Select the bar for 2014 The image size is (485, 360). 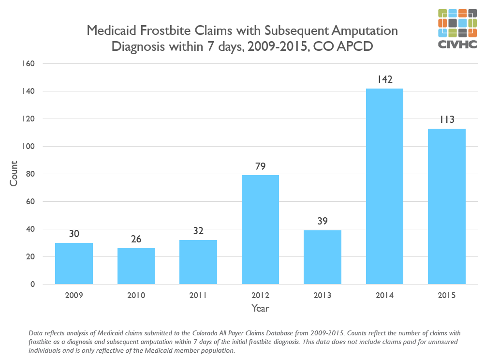click(384, 186)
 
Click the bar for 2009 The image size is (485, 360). click(74, 263)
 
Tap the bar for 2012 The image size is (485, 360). click(260, 229)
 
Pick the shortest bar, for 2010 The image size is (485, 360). click(136, 266)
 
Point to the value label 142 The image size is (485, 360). click(384, 79)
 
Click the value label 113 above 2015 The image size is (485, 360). click(447, 120)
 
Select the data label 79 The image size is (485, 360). click(260, 166)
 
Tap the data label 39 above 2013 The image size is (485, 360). click(323, 222)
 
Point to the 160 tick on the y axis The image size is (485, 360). click(29, 64)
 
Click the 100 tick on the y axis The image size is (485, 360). click(29, 147)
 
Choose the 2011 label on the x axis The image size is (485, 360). click(198, 295)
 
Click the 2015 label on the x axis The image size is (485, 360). click(447, 295)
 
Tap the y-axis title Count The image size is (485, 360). click(14, 174)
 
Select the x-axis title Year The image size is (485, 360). click(260, 308)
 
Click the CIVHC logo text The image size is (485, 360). click(457, 45)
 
